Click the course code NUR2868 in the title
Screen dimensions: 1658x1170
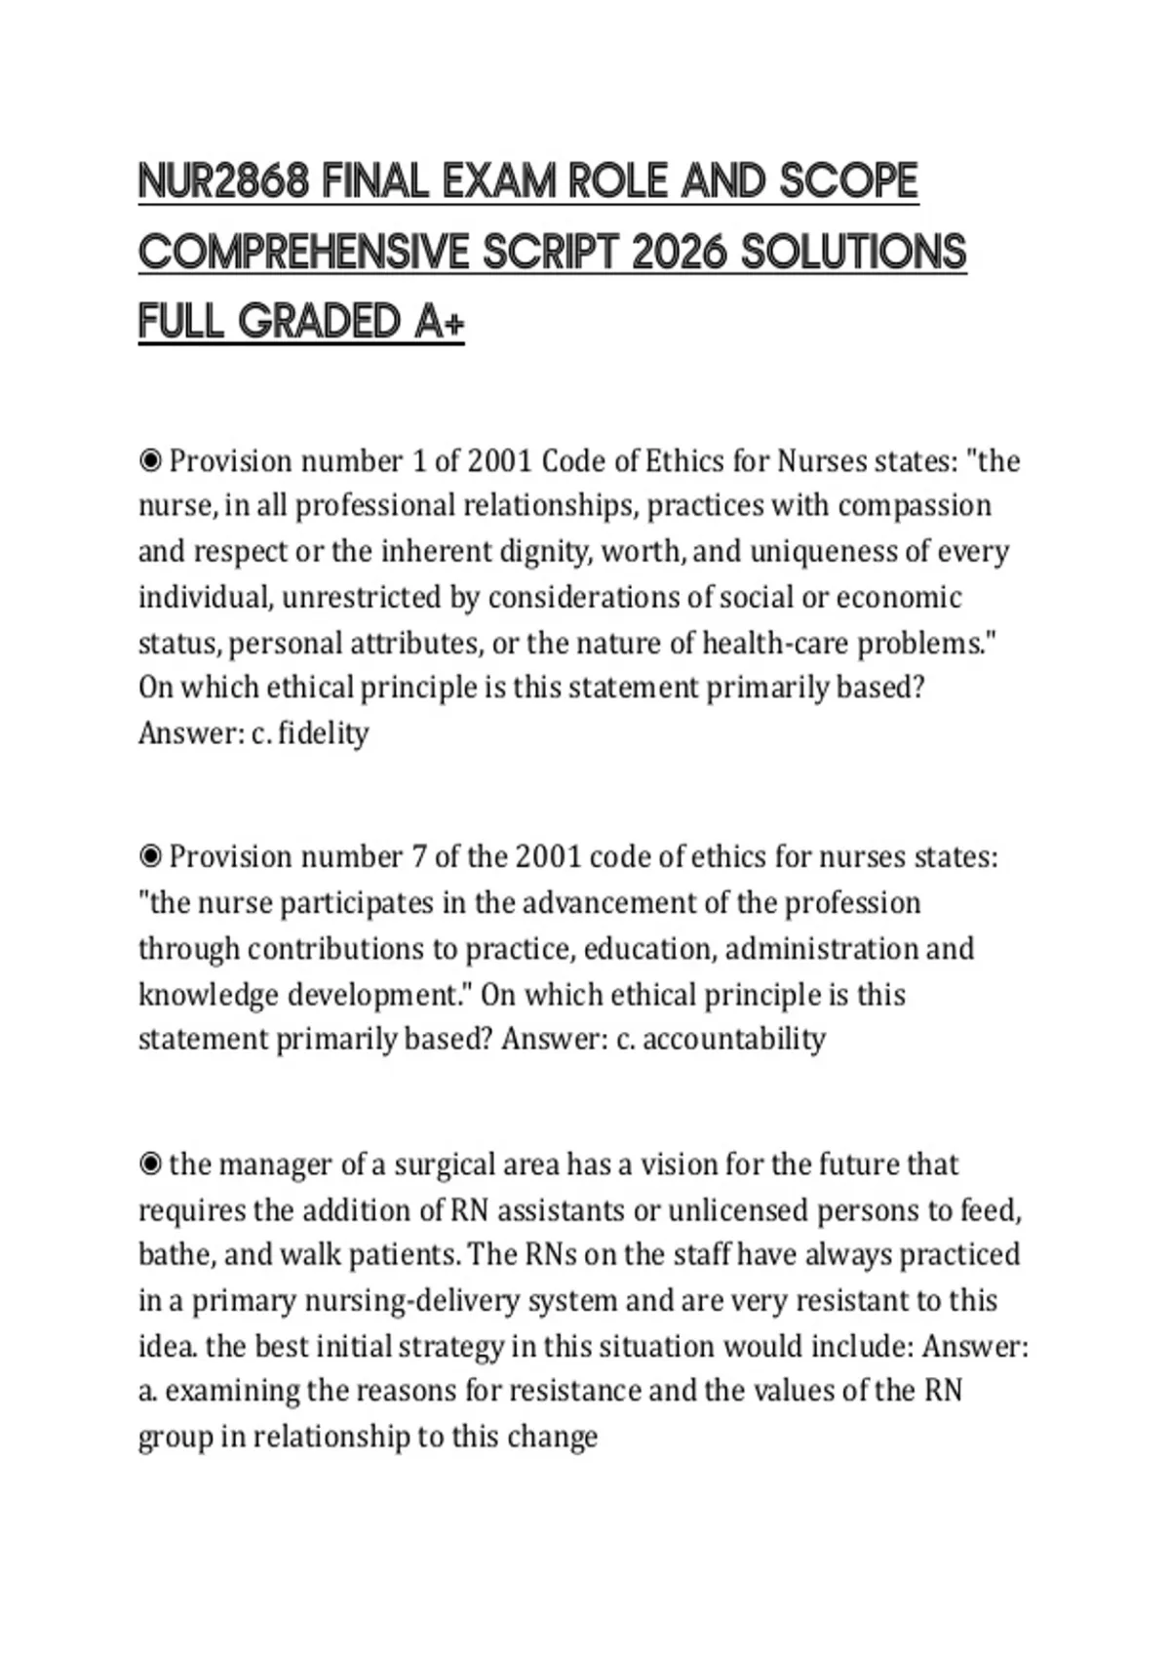(223, 181)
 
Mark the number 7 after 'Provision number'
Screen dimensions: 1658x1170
(419, 857)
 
